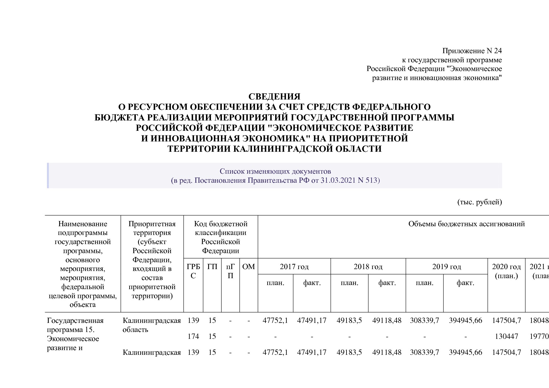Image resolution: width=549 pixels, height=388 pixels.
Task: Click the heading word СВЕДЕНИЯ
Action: (274, 96)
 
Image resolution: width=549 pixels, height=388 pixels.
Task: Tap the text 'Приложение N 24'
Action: (472, 51)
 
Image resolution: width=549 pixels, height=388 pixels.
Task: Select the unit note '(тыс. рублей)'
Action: (479, 202)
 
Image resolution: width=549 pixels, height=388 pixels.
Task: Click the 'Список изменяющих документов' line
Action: (275, 171)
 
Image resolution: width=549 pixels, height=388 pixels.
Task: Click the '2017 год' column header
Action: (294, 267)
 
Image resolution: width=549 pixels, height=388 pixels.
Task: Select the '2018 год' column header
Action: (368, 267)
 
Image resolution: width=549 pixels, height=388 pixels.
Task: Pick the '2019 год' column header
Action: (446, 267)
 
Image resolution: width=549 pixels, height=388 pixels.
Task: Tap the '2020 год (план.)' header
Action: (506, 271)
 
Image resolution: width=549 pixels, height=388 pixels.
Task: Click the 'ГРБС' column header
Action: (193, 271)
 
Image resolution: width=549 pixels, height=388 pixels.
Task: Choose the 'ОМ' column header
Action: (249, 267)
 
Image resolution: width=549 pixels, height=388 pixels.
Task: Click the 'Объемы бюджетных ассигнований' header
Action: (466, 224)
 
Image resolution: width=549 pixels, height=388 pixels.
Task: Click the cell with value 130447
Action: (506, 336)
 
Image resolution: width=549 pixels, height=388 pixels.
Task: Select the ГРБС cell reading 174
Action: (193, 336)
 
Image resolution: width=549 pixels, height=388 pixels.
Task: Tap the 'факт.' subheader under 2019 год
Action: (465, 283)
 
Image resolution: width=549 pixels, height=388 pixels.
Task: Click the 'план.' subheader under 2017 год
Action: (275, 283)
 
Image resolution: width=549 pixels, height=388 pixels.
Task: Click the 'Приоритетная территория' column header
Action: (152, 228)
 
